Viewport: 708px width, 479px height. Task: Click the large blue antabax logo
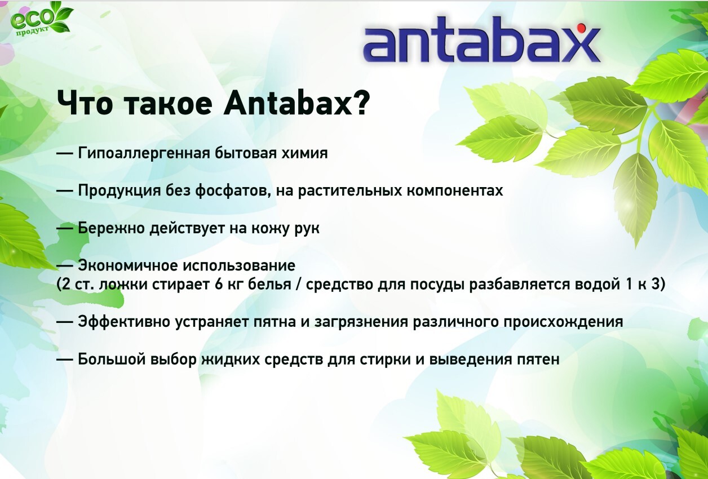click(x=482, y=40)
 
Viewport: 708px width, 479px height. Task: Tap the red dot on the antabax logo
click(x=581, y=28)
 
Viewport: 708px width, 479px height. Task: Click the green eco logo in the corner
click(x=41, y=20)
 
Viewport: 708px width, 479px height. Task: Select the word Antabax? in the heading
click(x=297, y=103)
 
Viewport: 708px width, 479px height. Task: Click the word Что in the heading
click(x=85, y=103)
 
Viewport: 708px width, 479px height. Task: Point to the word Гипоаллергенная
click(x=144, y=153)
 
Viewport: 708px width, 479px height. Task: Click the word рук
click(x=307, y=229)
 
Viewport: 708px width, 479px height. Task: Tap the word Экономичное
click(x=128, y=265)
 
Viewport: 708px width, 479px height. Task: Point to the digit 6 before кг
click(x=219, y=285)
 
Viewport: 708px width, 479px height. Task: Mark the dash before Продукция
click(x=65, y=190)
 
